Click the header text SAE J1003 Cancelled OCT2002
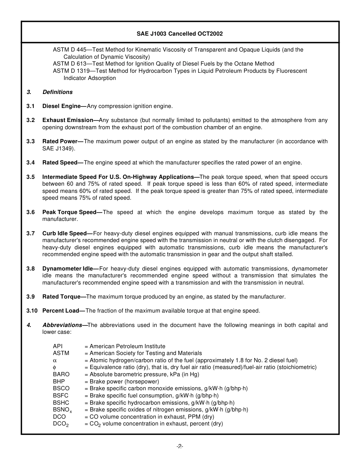point(180,34)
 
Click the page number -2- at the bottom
point(180,447)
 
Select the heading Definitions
point(57,92)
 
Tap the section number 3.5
point(31,177)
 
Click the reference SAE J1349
point(58,149)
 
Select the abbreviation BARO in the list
point(61,374)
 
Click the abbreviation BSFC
point(61,396)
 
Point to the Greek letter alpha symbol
point(55,360)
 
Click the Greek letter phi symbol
point(55,367)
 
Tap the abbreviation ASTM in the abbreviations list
point(61,353)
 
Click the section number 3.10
point(32,311)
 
